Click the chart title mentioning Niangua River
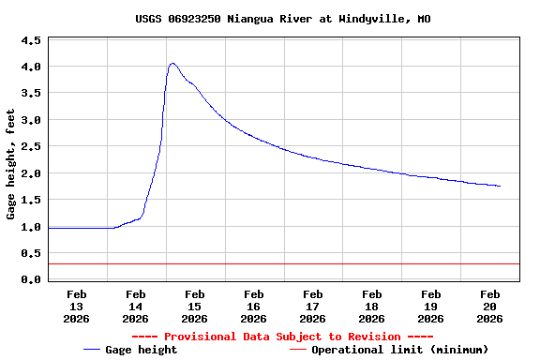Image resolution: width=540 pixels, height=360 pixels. pos(270,19)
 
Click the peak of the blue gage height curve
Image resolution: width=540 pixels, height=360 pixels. pos(172,64)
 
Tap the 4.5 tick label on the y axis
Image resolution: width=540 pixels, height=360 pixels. pos(31,41)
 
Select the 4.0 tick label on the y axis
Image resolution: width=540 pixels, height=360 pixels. pos(31,67)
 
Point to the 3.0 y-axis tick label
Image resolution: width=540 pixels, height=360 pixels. pos(31,121)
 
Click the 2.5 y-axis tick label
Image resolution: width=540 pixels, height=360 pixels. pos(31,147)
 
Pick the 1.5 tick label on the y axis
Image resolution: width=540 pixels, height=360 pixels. pos(31,201)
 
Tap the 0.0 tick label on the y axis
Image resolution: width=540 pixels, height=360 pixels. pos(31,279)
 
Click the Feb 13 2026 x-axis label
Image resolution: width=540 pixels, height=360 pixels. pos(77,307)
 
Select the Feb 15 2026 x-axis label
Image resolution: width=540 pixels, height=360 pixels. pos(194,307)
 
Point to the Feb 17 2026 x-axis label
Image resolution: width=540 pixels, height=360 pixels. pos(312,307)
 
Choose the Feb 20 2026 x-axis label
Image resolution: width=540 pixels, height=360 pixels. pos(489,307)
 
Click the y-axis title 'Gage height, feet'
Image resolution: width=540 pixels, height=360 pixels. pos(11,164)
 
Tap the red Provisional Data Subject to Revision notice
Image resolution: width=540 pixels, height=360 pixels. pos(282,337)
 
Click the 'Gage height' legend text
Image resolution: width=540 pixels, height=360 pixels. pos(142,350)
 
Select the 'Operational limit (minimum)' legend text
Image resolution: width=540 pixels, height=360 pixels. pos(399,350)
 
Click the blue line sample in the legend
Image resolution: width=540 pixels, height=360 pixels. pos(92,350)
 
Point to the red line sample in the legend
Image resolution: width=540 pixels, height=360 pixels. pos(298,350)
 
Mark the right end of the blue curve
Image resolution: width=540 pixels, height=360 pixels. pos(500,186)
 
